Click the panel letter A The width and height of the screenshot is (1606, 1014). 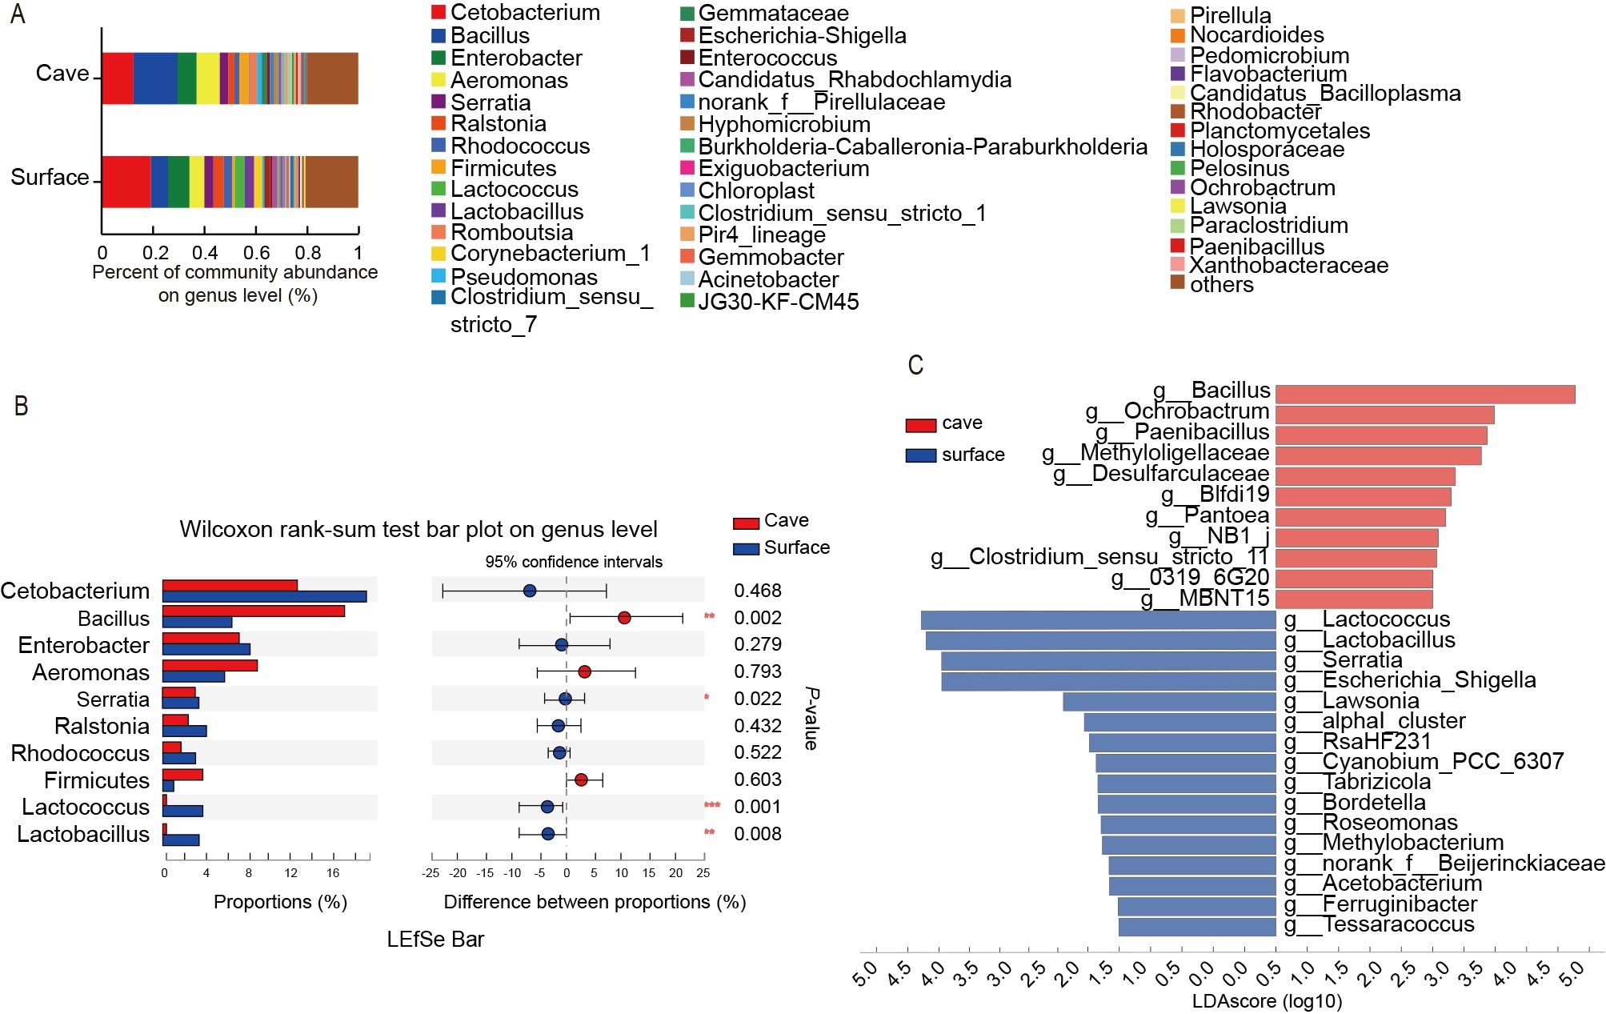click(x=18, y=14)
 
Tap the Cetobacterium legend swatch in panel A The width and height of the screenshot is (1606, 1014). click(x=439, y=12)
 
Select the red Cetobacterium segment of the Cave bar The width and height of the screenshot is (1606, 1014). click(x=117, y=78)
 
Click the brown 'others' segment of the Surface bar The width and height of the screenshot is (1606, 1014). click(x=331, y=182)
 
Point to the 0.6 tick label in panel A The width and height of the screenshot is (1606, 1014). click(x=256, y=253)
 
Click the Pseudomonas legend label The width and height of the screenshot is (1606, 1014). click(x=524, y=277)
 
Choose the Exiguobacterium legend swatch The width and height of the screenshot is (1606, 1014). click(x=687, y=168)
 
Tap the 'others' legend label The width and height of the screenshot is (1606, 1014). click(x=1221, y=284)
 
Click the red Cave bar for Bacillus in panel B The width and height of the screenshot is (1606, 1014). click(x=254, y=611)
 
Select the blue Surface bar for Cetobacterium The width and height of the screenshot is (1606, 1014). click(x=264, y=596)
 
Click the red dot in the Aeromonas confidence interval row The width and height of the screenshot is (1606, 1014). click(x=584, y=671)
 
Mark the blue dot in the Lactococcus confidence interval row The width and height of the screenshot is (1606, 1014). click(x=547, y=807)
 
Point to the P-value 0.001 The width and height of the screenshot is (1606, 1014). click(x=757, y=807)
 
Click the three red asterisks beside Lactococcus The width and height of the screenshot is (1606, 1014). click(x=712, y=805)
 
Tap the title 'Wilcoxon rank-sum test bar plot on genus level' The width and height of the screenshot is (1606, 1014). click(x=419, y=529)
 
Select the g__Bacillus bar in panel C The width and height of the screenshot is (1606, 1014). click(x=1424, y=395)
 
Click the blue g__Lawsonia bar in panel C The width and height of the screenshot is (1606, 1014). click(x=1169, y=701)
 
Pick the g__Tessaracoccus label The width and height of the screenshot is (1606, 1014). click(x=1380, y=924)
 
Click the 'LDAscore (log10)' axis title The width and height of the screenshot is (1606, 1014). click(x=1267, y=1000)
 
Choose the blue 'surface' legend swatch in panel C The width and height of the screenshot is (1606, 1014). click(x=920, y=455)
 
